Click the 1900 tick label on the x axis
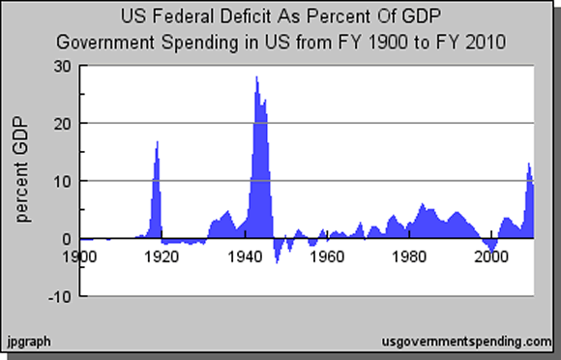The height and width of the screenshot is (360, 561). (80, 256)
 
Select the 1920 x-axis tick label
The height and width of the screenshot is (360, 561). (162, 256)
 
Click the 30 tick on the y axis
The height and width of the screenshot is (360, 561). (62, 66)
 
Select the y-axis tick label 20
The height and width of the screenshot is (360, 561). (62, 124)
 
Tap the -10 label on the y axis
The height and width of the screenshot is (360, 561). (59, 296)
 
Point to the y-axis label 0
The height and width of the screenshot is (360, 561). (66, 239)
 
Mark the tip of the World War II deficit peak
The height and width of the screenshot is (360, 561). (256, 77)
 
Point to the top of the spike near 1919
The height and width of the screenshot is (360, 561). (158, 142)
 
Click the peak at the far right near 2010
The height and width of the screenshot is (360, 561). (528, 164)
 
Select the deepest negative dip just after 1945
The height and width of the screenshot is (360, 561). (278, 261)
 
